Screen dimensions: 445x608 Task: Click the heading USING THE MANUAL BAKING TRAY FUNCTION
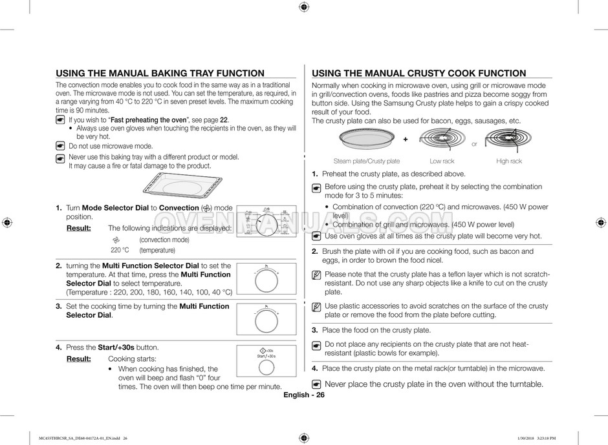160,74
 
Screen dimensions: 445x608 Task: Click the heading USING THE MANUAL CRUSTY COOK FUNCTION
418,74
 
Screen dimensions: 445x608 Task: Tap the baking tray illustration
181,188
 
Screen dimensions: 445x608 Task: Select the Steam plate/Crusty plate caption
367,161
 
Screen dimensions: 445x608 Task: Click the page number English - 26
303,395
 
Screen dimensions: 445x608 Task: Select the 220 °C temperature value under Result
120,250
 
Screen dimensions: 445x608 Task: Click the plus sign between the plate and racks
406,140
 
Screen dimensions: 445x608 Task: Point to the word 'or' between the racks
474,144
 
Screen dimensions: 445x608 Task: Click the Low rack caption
442,161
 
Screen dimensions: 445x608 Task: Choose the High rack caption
509,161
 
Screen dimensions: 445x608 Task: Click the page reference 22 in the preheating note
224,120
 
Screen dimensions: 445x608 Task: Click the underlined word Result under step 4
78,358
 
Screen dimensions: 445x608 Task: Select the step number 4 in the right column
314,368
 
